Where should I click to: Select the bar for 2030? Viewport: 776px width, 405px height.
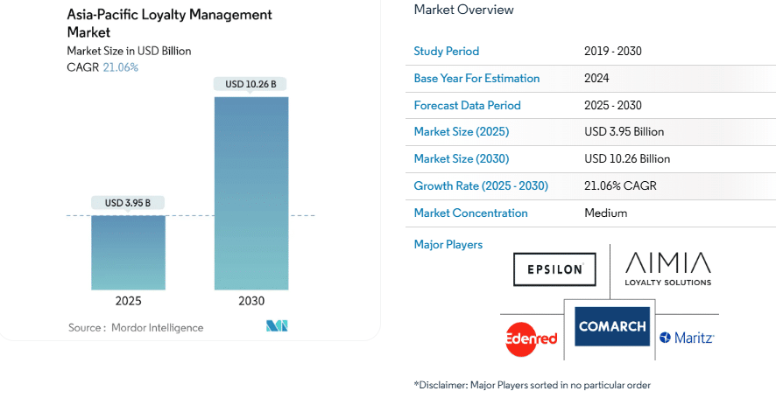pyautogui.click(x=250, y=192)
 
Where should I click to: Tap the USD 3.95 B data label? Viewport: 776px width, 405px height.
pyautogui.click(x=128, y=203)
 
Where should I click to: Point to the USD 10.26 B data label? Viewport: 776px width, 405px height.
pyautogui.click(x=250, y=84)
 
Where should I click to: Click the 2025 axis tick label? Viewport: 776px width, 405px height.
pyautogui.click(x=128, y=301)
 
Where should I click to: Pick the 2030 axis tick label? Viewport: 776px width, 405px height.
pyautogui.click(x=250, y=301)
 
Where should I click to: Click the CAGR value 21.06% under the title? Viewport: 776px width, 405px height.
pyautogui.click(x=121, y=67)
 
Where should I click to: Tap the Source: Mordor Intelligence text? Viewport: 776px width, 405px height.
pyautogui.click(x=136, y=328)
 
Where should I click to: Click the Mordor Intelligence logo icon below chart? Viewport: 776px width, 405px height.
pyautogui.click(x=277, y=326)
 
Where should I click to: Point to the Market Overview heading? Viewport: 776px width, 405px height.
pyautogui.click(x=463, y=10)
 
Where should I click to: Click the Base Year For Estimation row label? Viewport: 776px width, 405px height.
pyautogui.click(x=476, y=78)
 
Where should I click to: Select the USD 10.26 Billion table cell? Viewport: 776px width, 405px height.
pyautogui.click(x=626, y=158)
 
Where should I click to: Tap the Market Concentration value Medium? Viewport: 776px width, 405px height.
pyautogui.click(x=605, y=213)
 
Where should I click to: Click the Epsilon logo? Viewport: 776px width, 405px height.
pyautogui.click(x=554, y=269)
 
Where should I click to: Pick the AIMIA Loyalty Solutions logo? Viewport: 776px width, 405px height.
pyautogui.click(x=667, y=268)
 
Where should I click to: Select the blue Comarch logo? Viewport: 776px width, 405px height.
pyautogui.click(x=612, y=326)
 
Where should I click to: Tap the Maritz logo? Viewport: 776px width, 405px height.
pyautogui.click(x=688, y=337)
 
